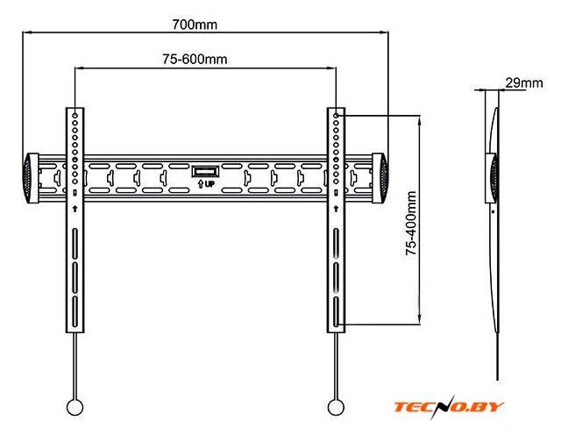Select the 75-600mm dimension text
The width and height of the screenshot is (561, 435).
point(195,59)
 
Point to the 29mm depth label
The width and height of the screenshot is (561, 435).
point(524,83)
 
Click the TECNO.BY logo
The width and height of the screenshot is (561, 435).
point(450,408)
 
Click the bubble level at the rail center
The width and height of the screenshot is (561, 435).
point(205,170)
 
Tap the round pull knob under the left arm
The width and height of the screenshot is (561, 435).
point(75,407)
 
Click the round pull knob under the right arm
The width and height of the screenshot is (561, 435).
point(335,407)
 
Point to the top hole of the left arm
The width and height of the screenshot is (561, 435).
point(75,115)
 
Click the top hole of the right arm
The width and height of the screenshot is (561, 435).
point(337,115)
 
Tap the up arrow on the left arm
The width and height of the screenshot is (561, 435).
point(75,208)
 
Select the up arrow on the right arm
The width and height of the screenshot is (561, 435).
point(337,208)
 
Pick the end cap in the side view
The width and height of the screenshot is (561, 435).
point(493,178)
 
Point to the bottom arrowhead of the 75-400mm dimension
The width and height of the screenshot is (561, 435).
point(423,323)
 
